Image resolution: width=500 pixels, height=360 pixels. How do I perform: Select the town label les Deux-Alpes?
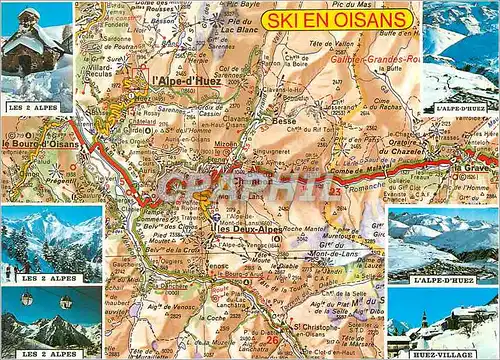click(x=247, y=229)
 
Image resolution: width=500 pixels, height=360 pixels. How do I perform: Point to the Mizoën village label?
click(x=227, y=143)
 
